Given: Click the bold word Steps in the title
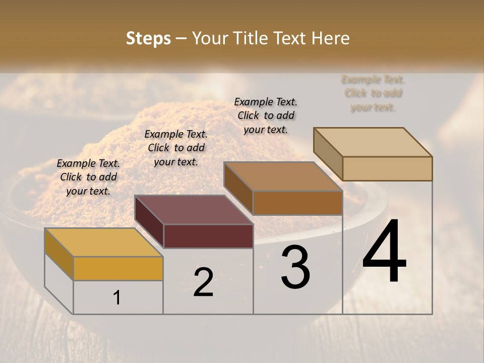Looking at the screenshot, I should coord(148,38).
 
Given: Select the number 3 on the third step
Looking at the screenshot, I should coord(295,267).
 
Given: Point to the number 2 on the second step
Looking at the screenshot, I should coord(203,282).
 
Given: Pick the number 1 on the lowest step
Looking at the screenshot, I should coord(117,298).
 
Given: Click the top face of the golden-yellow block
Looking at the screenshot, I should coord(103,242).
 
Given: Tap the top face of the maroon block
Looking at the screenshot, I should coord(194,210).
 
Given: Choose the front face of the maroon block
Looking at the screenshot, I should coord(208,236).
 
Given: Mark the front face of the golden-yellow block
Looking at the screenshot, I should coord(118,268).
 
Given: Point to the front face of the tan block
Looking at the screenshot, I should coord(387,168).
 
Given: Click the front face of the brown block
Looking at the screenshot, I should coord(297,203).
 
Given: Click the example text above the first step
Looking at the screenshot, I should coord(88,177).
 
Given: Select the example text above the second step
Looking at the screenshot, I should coord(176,148).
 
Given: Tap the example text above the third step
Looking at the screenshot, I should coord(266,115).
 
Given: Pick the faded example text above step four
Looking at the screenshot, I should coord(373,93).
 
